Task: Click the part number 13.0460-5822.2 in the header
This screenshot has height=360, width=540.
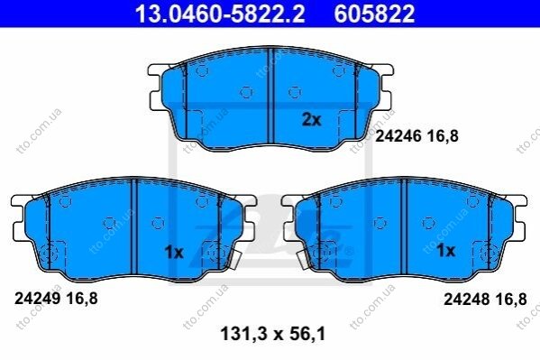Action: coord(220,14)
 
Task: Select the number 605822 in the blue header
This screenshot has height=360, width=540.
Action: coord(374,14)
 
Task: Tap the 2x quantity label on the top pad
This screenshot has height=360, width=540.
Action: coord(311,120)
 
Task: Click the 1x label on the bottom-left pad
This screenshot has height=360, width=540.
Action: coord(174,253)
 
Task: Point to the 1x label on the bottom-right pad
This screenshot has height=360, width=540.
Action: coord(445,251)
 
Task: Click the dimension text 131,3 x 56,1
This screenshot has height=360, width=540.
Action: coord(273,334)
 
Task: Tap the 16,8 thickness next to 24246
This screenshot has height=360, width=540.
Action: coord(443,136)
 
